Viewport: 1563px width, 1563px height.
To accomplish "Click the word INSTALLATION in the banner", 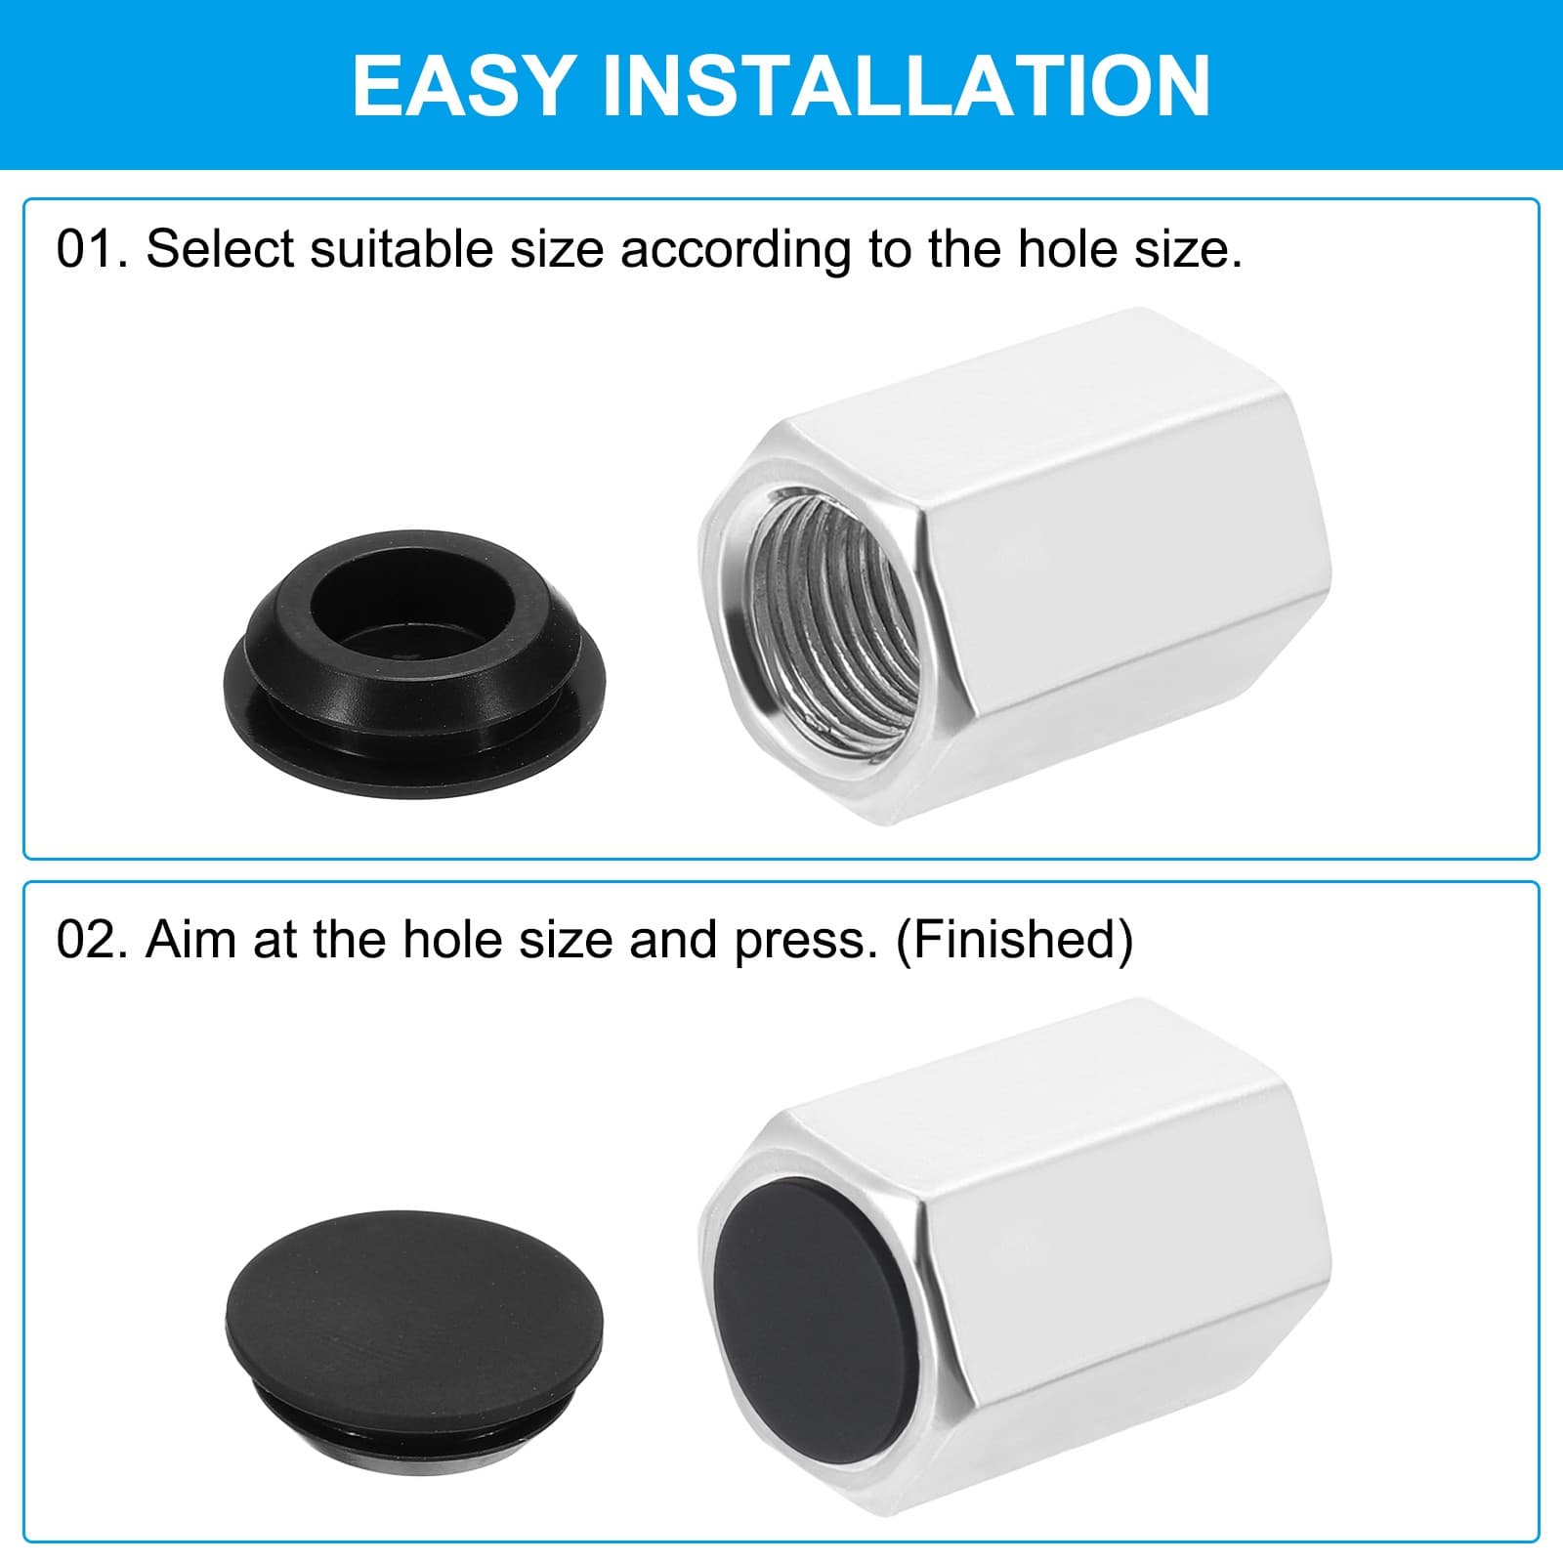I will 906,85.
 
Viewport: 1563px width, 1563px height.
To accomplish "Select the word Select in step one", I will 221,250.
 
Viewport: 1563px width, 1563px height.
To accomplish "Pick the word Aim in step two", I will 192,940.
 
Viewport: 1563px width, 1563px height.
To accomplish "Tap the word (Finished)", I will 1014,940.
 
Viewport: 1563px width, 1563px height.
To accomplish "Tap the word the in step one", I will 964,250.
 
